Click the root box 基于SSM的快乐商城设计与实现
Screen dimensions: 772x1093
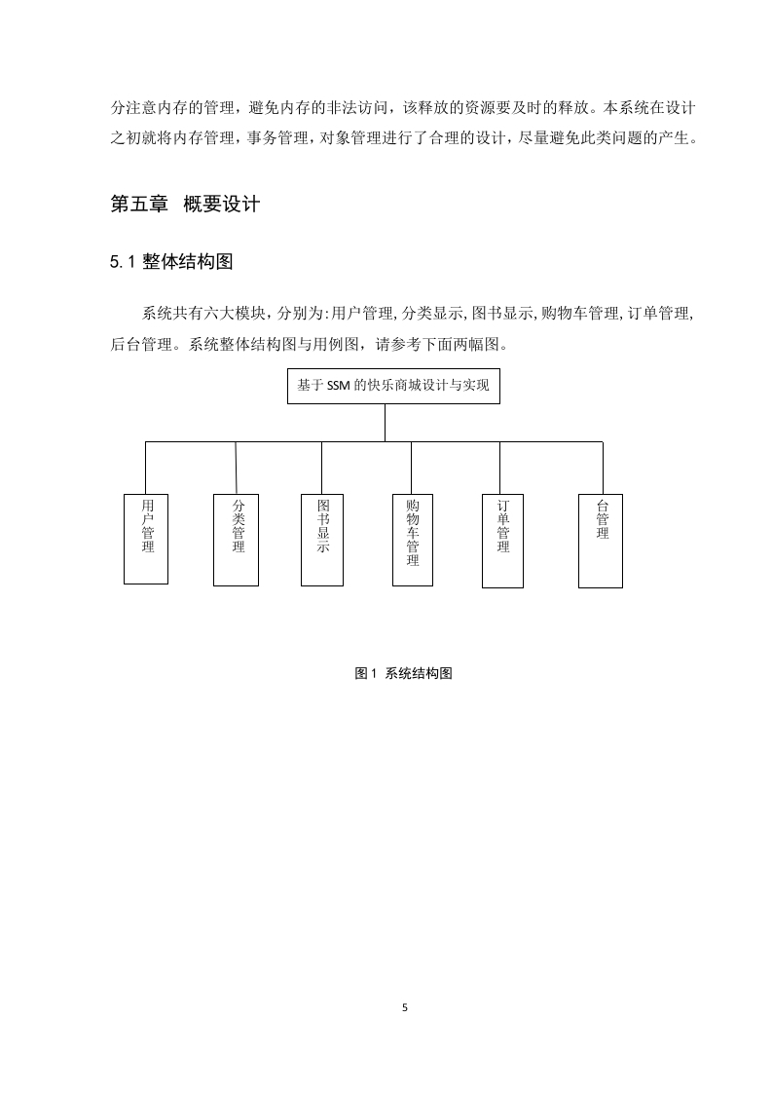pyautogui.click(x=393, y=386)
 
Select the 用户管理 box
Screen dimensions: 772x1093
pyautogui.click(x=146, y=539)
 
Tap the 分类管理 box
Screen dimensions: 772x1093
pyautogui.click(x=236, y=540)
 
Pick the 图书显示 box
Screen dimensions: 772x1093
pyautogui.click(x=322, y=540)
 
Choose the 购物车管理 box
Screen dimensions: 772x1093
pyautogui.click(x=413, y=540)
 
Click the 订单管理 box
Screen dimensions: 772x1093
pyautogui.click(x=502, y=541)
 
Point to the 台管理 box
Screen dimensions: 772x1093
pyautogui.click(x=601, y=541)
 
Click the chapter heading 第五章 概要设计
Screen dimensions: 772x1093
pyautogui.click(x=185, y=205)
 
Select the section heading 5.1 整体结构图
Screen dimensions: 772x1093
pyautogui.click(x=171, y=262)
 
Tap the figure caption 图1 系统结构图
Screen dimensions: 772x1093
pyautogui.click(x=403, y=673)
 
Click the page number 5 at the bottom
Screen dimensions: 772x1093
pyautogui.click(x=405, y=1007)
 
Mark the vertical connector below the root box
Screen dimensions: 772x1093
pyautogui.click(x=385, y=423)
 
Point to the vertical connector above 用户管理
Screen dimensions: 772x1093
pyautogui.click(x=146, y=468)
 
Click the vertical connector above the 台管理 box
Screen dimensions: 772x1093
pyautogui.click(x=603, y=468)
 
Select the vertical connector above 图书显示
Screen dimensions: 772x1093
pyautogui.click(x=322, y=468)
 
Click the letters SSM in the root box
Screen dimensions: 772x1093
pyautogui.click(x=338, y=386)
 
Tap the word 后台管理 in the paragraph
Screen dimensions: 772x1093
pyautogui.click(x=141, y=344)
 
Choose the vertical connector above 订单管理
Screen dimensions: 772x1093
pyautogui.click(x=499, y=468)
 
